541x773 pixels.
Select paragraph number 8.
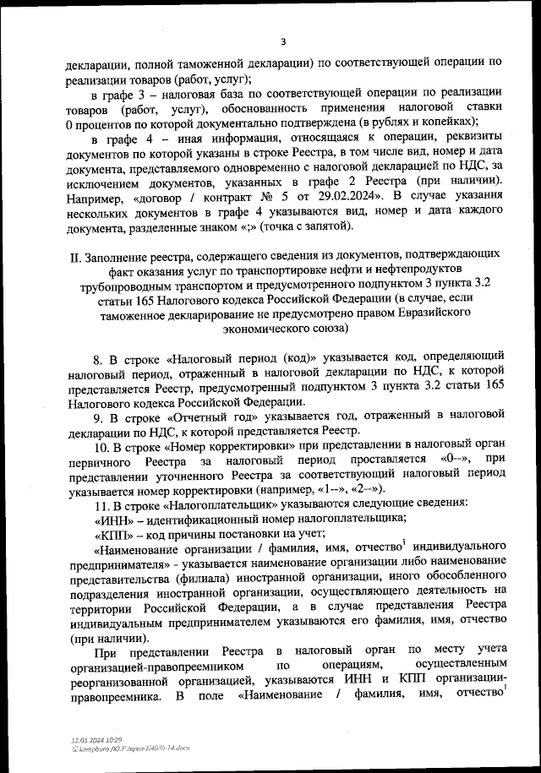coord(97,357)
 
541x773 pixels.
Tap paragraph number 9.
coord(97,417)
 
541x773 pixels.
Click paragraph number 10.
coord(100,447)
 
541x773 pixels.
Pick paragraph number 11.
coord(100,504)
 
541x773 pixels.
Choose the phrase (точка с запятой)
coord(287,226)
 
